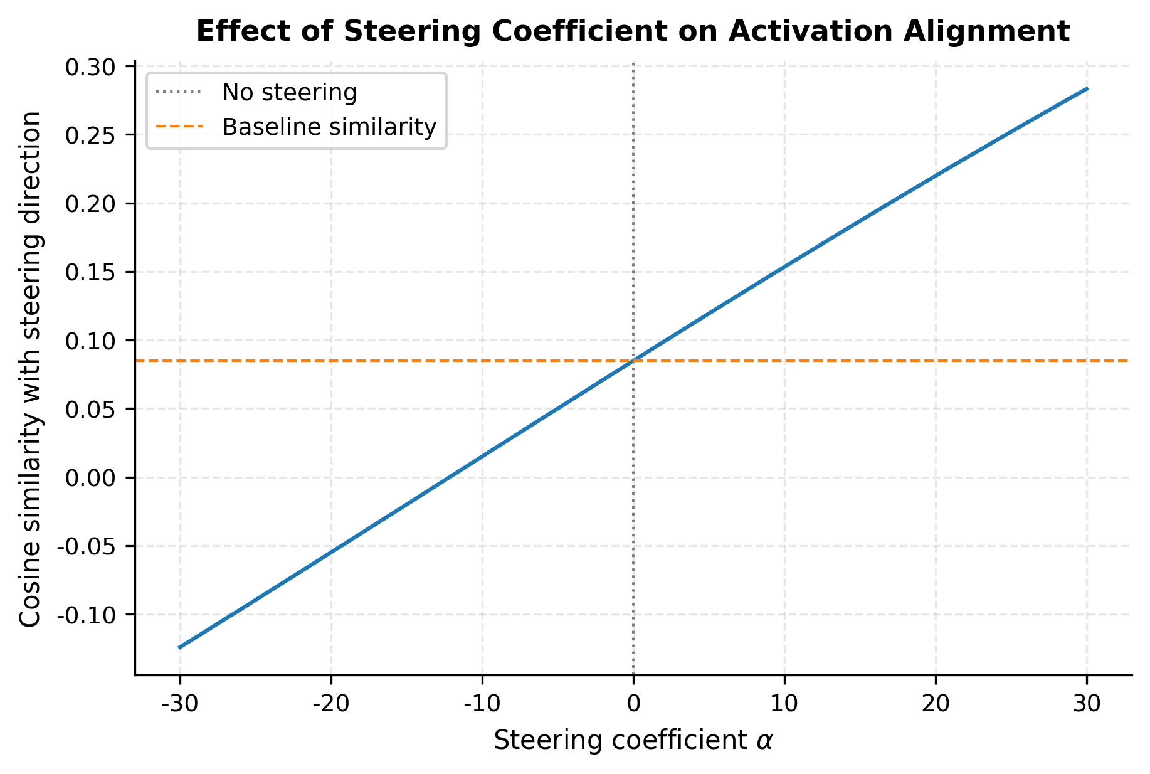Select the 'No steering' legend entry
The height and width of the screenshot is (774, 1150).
tap(289, 93)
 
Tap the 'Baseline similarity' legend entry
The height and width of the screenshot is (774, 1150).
tap(329, 127)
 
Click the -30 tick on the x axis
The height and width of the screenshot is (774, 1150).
tap(180, 704)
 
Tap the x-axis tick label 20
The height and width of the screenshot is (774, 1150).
tap(936, 704)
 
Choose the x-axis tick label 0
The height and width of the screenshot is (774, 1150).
tap(633, 704)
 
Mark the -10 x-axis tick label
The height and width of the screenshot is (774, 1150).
tap(482, 704)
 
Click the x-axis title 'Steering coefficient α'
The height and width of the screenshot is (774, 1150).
tap(633, 741)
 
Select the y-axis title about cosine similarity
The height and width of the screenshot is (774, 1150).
tap(30, 369)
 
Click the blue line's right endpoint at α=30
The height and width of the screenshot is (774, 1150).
tap(1087, 89)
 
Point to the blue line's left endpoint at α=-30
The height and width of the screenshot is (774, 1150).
tap(180, 647)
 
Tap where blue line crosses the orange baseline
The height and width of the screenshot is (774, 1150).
tap(633, 361)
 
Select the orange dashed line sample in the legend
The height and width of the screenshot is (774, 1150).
tap(179, 127)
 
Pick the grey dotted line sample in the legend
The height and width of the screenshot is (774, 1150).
tap(179, 93)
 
